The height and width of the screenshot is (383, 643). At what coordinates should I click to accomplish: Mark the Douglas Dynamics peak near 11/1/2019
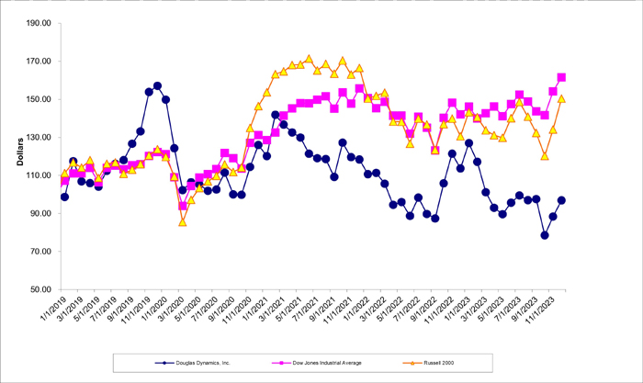click(x=157, y=85)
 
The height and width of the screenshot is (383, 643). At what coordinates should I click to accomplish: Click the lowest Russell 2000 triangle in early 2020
click(x=183, y=222)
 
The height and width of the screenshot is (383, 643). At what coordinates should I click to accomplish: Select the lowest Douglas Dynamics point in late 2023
click(x=545, y=235)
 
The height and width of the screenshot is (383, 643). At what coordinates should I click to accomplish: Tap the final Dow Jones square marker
click(x=561, y=77)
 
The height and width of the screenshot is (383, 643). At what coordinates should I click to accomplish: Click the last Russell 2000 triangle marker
click(x=561, y=98)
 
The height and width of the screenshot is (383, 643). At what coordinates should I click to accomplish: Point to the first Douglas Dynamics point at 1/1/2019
click(x=64, y=197)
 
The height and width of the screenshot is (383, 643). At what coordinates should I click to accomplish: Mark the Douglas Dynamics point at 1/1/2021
click(x=276, y=115)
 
